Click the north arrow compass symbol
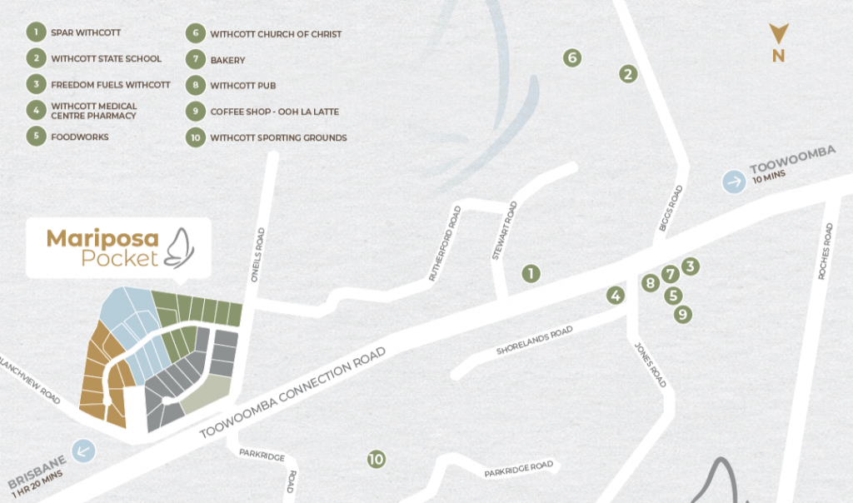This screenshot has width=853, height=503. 778,35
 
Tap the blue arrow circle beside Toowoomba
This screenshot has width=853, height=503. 734,182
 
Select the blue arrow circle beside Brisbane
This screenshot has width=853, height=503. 84,451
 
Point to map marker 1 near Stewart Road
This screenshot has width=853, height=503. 531,273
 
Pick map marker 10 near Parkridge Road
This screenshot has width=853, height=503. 377,459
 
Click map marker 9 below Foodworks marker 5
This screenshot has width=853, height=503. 683,314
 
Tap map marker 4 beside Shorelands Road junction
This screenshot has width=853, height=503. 616,295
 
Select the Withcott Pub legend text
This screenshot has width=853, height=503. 242,86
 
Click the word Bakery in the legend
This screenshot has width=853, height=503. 227,60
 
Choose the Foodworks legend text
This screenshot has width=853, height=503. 80,137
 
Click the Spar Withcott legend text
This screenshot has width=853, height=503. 86,33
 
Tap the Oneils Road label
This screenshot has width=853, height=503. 260,257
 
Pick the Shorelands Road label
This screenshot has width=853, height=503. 535,341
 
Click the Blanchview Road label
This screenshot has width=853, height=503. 28,380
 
